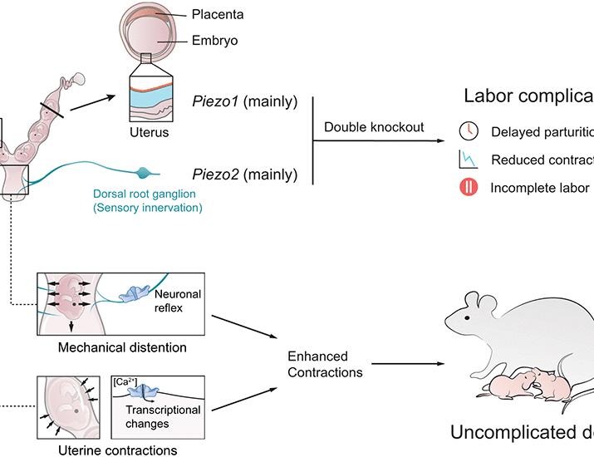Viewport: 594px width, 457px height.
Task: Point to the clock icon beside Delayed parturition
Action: (467, 131)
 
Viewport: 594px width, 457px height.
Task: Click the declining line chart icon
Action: (467, 160)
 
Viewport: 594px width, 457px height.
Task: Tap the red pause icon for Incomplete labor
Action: (467, 187)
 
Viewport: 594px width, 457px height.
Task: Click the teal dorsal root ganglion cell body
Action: (145, 174)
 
